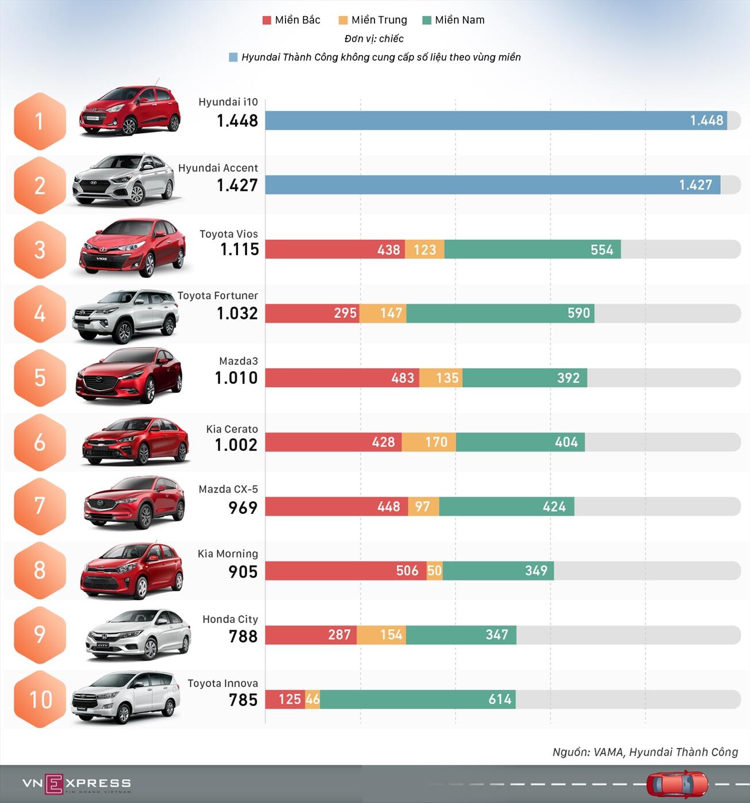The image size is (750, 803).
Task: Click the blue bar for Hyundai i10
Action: (x=496, y=120)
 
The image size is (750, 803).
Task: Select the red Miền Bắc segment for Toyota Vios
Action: (x=335, y=250)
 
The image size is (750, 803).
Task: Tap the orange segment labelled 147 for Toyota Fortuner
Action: (x=383, y=313)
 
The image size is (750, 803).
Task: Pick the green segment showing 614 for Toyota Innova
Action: (x=417, y=699)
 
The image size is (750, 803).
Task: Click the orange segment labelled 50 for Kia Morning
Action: (x=435, y=571)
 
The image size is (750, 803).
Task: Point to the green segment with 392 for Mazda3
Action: (x=525, y=378)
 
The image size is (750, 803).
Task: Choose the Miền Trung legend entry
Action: (x=373, y=20)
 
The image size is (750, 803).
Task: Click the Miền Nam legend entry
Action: (x=454, y=20)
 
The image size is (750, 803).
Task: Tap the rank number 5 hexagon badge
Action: (x=40, y=377)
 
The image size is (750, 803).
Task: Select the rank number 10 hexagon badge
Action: (x=40, y=699)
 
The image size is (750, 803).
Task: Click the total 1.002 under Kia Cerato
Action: (x=236, y=445)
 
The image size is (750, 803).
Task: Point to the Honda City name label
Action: (x=230, y=619)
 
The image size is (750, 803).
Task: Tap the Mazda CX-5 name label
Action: (x=228, y=489)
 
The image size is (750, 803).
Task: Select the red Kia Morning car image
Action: (x=132, y=570)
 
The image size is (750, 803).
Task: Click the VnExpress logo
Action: (x=76, y=783)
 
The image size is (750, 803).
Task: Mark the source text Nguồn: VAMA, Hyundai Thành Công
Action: (x=645, y=752)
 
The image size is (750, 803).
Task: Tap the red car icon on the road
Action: (x=677, y=783)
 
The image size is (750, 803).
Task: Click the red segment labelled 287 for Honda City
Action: (x=311, y=635)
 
